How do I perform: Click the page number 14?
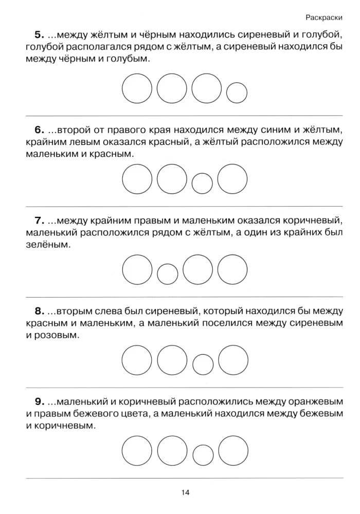[186, 493]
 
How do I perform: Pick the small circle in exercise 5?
[237, 93]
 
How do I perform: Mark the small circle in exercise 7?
[167, 273]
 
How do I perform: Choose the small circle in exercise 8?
[203, 364]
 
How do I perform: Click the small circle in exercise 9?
[203, 454]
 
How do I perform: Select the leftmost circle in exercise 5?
[136, 88]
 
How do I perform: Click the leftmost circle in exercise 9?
[136, 450]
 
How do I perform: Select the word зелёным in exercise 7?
[46, 246]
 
